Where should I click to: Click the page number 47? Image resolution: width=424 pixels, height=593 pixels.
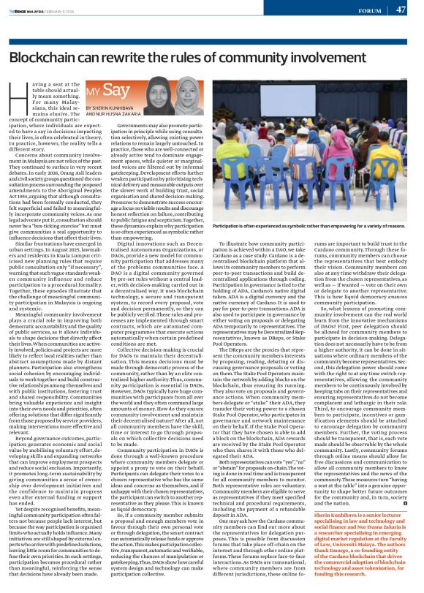(x=401, y=10)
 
